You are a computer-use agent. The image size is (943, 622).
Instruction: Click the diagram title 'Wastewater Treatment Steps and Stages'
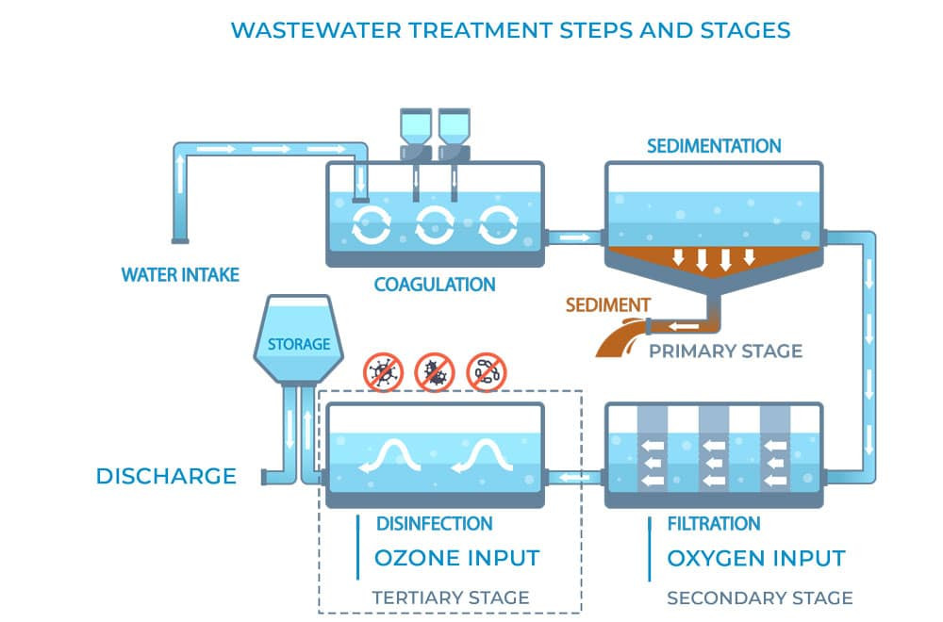click(x=510, y=29)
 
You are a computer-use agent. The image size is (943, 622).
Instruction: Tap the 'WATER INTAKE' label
click(x=180, y=275)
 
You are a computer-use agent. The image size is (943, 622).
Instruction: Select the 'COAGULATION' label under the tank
click(x=435, y=284)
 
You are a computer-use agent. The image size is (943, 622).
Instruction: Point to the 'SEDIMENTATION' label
click(x=714, y=146)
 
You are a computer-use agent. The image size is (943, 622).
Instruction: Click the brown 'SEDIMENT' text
click(x=607, y=305)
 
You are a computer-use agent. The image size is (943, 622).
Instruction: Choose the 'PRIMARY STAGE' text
click(x=725, y=352)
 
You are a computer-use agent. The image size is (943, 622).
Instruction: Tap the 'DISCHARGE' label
click(x=166, y=476)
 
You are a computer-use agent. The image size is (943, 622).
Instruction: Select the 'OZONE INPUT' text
click(x=457, y=558)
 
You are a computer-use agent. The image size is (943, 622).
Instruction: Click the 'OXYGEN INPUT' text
click(x=756, y=558)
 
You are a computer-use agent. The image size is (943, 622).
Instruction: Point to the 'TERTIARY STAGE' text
click(x=451, y=597)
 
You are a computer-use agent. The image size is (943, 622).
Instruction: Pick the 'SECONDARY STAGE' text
click(x=759, y=597)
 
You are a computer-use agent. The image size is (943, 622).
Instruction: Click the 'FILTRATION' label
click(x=713, y=523)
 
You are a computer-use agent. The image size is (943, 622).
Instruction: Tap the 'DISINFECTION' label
click(x=434, y=523)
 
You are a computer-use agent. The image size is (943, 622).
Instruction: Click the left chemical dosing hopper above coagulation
click(x=415, y=132)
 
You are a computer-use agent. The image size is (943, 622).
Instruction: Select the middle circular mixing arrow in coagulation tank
click(x=435, y=223)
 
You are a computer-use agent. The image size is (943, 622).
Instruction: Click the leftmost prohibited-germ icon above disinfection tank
click(x=384, y=372)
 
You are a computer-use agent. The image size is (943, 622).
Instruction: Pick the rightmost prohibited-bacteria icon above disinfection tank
click(x=487, y=372)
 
